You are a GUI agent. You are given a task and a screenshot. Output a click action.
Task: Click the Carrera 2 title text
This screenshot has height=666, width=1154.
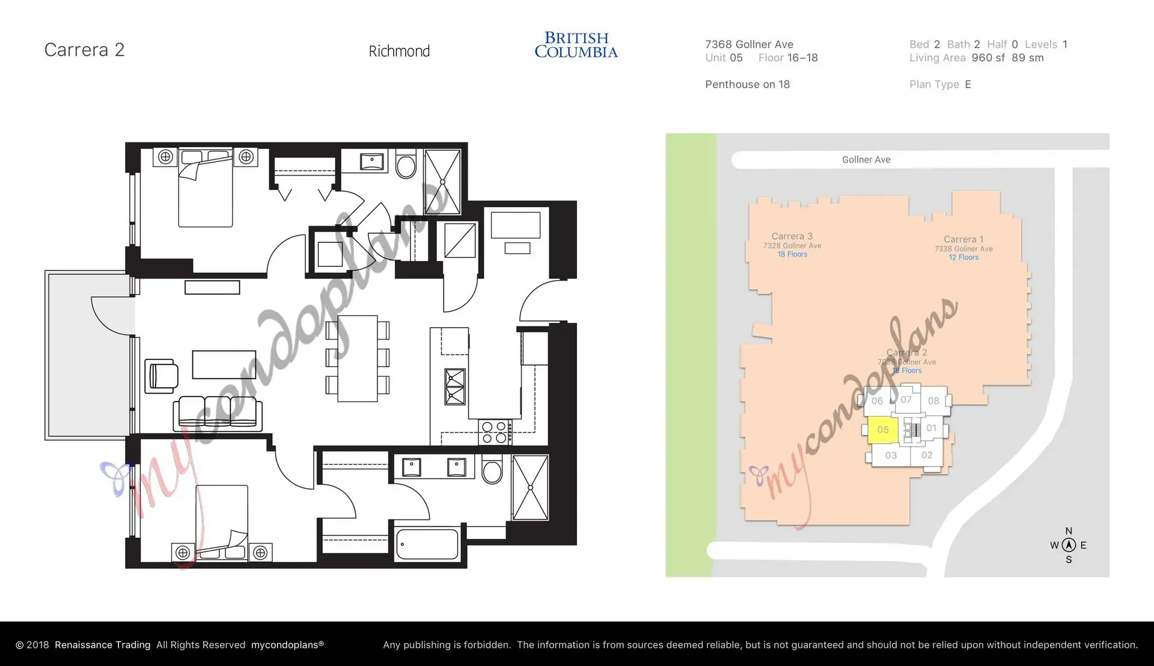tap(84, 50)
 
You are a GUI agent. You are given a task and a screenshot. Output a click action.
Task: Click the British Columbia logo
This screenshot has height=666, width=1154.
tap(576, 45)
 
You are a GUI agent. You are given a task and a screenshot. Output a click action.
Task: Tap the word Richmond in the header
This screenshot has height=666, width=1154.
tap(399, 52)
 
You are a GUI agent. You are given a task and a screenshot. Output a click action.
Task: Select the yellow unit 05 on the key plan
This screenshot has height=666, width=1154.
tap(882, 430)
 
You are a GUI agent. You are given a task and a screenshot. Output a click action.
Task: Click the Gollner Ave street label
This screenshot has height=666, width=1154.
tap(865, 160)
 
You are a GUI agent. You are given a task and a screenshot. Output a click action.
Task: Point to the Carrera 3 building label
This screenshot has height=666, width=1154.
tap(792, 237)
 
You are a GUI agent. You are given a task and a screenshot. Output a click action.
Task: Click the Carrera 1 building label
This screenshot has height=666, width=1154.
tap(963, 240)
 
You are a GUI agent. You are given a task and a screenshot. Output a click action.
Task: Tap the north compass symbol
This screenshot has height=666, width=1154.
tap(1068, 545)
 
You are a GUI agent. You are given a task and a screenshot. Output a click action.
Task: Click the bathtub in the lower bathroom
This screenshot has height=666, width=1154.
tap(427, 544)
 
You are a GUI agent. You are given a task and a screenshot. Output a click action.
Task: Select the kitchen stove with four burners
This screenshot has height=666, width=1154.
tap(495, 432)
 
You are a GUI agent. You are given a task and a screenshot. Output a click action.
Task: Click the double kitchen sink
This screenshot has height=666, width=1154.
tap(454, 386)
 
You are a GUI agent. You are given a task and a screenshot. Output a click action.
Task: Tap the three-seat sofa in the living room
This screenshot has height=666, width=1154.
tap(218, 412)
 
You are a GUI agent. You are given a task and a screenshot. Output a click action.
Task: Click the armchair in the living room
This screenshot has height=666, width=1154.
tap(162, 376)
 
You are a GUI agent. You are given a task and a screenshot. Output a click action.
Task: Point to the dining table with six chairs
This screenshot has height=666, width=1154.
tap(357, 358)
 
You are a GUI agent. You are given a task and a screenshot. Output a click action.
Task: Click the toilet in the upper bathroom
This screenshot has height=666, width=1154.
tap(406, 164)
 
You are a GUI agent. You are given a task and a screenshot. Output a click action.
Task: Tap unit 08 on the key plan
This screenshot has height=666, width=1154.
tap(933, 401)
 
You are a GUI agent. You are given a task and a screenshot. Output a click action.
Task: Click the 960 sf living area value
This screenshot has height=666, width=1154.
tap(988, 58)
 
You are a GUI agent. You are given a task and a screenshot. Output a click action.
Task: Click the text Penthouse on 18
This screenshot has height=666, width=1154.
tap(747, 85)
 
